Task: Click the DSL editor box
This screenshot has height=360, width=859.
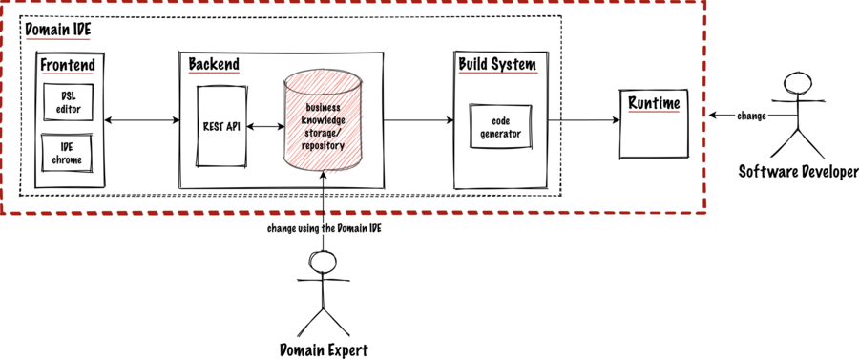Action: click(x=70, y=102)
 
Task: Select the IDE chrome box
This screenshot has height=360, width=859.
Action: click(x=70, y=152)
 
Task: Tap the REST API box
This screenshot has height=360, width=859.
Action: click(x=221, y=126)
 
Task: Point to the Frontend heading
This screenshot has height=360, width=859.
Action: click(x=67, y=65)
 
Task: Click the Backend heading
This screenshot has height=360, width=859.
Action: click(x=213, y=65)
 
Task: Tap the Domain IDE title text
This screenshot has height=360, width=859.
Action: click(x=57, y=30)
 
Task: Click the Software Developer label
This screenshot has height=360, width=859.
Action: click(x=791, y=171)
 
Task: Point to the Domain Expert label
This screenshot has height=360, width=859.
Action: click(x=323, y=349)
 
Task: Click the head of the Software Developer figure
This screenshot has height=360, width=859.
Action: click(x=792, y=81)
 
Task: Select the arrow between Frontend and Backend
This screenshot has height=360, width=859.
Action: click(x=143, y=120)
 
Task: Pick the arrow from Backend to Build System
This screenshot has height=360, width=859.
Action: click(x=418, y=120)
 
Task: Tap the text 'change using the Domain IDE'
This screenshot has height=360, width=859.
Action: click(x=324, y=228)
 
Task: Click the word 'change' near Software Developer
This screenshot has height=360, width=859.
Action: click(x=751, y=116)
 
